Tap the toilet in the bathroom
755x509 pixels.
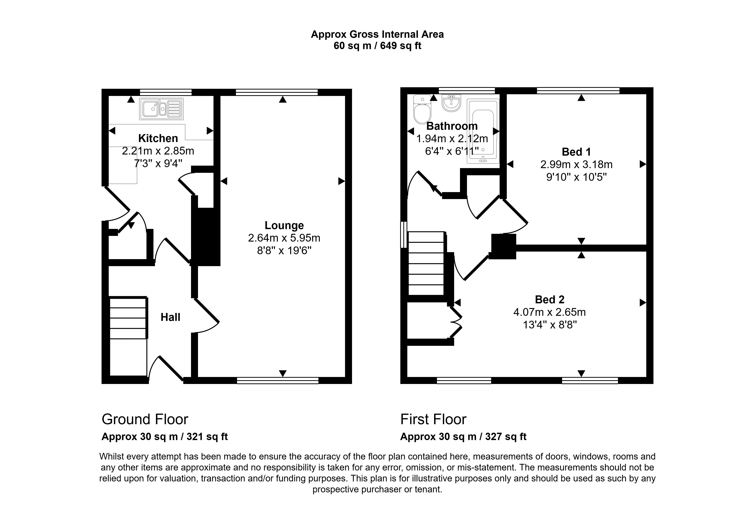point(422,109)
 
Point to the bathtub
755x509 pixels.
point(483,131)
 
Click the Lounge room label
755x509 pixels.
point(284,225)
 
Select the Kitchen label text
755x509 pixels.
point(158,138)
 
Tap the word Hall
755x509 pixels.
point(170,317)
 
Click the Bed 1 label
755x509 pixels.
point(576,152)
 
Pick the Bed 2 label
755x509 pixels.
point(550,299)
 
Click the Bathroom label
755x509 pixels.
point(452,126)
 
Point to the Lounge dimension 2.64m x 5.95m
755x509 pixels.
point(284,238)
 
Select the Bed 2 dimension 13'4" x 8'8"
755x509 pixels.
point(550,325)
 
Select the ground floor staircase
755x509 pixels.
point(128,336)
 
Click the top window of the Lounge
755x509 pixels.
point(277,92)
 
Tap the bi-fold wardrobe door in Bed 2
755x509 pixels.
point(455,322)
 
